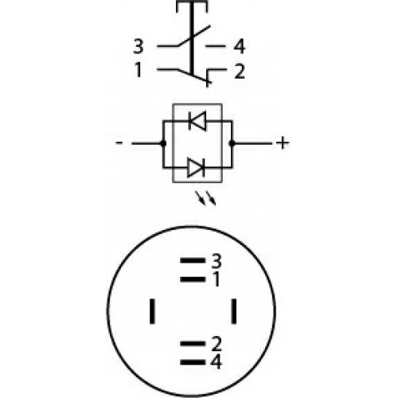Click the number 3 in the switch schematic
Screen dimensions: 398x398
[139, 46]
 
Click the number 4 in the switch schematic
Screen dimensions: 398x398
[240, 47]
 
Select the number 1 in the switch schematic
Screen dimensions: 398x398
[139, 70]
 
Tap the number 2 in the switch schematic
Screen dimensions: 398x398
[240, 72]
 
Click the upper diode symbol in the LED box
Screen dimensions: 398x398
[197, 121]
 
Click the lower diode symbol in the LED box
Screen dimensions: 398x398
[196, 167]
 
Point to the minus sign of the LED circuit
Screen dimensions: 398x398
[119, 143]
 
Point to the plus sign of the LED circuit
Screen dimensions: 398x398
[283, 143]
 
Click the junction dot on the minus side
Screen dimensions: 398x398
[163, 143]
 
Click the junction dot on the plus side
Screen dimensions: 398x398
[232, 143]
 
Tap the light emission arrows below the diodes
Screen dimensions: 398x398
[206, 198]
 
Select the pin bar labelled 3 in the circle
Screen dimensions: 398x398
[193, 260]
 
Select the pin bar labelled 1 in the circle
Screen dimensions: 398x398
[193, 279]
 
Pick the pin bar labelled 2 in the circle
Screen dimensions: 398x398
[193, 344]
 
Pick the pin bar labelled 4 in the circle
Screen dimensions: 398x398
[193, 362]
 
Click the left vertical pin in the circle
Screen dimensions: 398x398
[152, 311]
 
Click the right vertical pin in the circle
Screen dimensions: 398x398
[234, 311]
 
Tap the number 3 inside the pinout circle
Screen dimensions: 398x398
[217, 261]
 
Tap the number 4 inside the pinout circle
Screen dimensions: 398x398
[216, 362]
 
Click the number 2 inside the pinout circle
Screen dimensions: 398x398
[217, 344]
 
